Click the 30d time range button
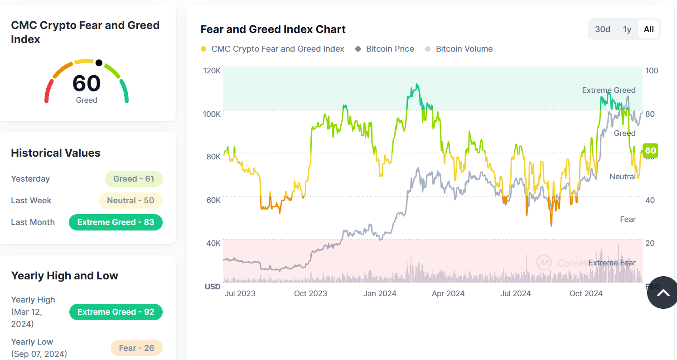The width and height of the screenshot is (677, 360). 602,29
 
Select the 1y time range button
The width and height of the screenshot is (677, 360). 627,29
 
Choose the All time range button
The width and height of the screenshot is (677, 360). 648,29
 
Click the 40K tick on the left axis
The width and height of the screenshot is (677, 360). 213,243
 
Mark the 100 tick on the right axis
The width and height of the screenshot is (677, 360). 652,71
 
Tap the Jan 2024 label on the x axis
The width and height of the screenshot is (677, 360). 380,293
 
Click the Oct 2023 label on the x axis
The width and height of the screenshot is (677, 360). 310,293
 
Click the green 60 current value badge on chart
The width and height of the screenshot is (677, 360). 650,151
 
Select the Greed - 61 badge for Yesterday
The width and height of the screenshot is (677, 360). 134,179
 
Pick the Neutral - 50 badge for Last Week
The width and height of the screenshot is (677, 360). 131,201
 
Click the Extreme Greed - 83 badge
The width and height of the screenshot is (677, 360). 116,222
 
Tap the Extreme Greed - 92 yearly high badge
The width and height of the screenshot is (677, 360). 116,312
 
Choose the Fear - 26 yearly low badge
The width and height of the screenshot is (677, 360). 136,348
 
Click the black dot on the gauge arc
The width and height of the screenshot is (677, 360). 99,63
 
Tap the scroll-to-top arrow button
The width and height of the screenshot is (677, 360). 662,293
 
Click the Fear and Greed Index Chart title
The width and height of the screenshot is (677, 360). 273,29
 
